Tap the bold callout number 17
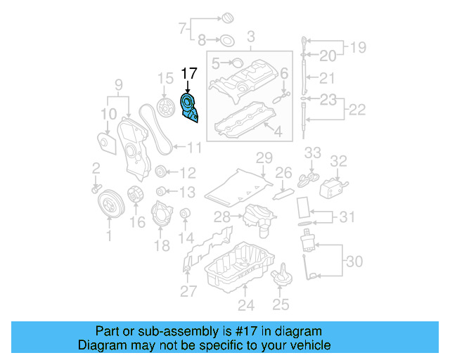coord(190,73)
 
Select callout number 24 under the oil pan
coord(244,305)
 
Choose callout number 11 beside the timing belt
coord(193,148)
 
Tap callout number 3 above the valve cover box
coord(249,36)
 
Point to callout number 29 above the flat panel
coord(264,157)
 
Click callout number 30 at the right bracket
coord(354,262)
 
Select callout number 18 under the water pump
coord(162,245)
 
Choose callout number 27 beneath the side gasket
coord(188,291)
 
